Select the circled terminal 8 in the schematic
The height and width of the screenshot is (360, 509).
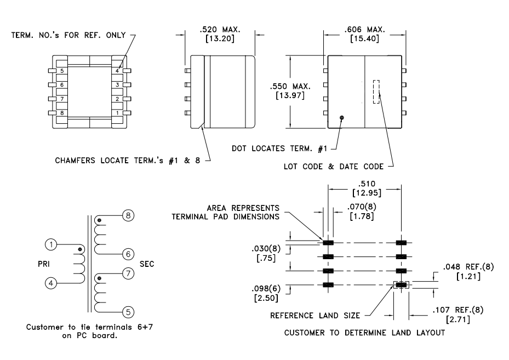(x=128, y=216)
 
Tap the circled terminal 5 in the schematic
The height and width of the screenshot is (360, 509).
(x=128, y=312)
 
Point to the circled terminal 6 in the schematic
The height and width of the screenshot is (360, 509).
(x=128, y=254)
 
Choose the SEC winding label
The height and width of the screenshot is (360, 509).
(x=147, y=264)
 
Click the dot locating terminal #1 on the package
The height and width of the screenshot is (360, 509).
(x=342, y=117)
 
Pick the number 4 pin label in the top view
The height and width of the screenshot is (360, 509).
(x=117, y=71)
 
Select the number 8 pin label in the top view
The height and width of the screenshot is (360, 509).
(x=62, y=113)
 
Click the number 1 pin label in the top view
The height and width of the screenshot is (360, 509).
(x=117, y=113)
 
